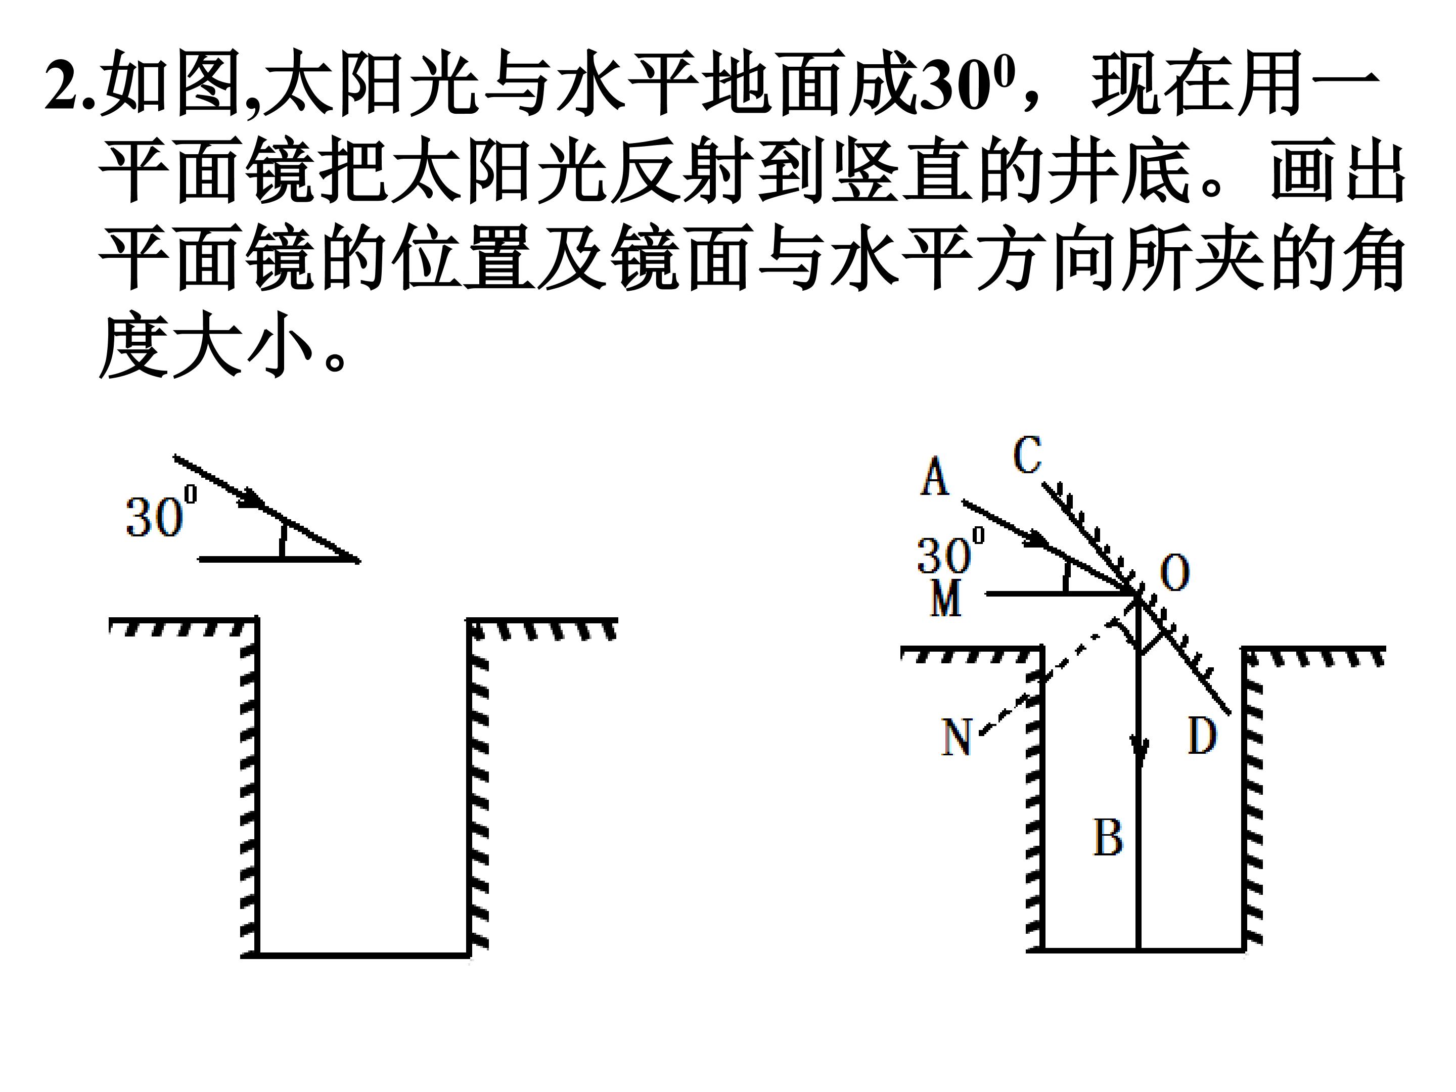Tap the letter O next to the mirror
pyautogui.click(x=1174, y=572)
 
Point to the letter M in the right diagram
pyautogui.click(x=946, y=599)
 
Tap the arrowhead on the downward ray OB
pyautogui.click(x=1139, y=750)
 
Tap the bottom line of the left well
pyautogui.click(x=355, y=955)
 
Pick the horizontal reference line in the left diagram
pyautogui.click(x=279, y=559)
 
